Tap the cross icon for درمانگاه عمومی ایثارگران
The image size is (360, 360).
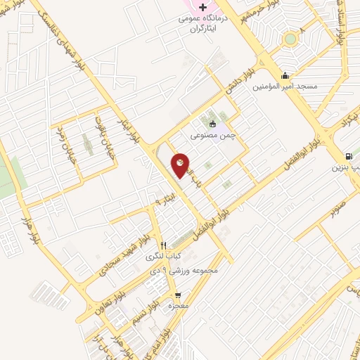coord(202,7)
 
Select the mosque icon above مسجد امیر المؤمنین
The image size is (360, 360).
coord(285,75)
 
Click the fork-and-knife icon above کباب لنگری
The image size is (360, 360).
coord(163,245)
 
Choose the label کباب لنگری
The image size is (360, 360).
coord(162,257)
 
